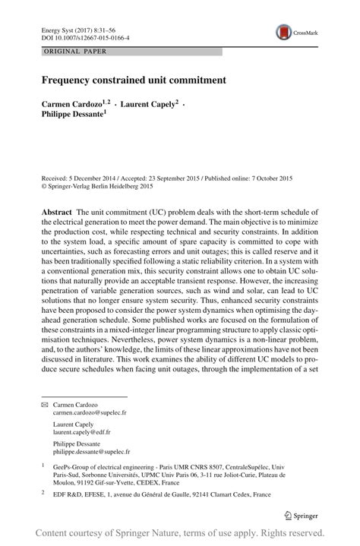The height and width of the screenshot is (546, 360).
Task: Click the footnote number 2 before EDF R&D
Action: pos(43,513)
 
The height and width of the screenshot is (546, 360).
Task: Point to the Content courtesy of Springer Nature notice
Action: pos(180,533)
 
